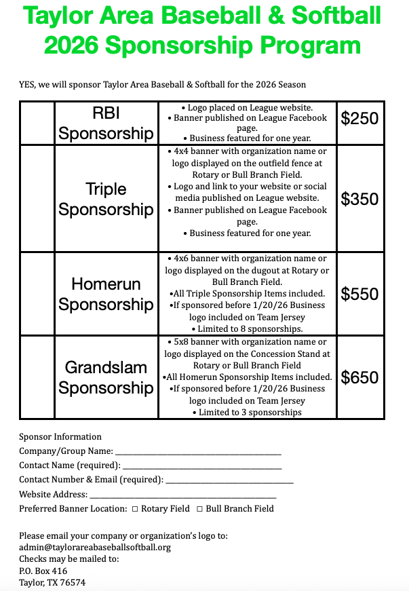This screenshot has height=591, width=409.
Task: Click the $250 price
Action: click(359, 119)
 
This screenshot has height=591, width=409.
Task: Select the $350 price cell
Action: click(359, 199)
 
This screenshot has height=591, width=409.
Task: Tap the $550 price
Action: click(359, 294)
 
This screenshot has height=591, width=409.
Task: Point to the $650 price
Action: click(359, 377)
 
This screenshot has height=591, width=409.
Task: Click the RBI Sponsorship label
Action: click(106, 123)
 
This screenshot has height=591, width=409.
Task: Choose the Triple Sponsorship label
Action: click(106, 199)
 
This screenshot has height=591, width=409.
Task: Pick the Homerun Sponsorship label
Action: click(106, 294)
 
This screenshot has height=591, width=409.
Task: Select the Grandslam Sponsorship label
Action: click(106, 377)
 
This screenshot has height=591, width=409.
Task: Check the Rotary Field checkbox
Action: click(135, 509)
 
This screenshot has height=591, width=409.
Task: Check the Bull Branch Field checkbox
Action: click(199, 509)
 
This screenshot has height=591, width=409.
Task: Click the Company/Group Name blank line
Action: click(197, 453)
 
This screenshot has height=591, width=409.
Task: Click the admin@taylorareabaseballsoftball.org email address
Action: click(95, 547)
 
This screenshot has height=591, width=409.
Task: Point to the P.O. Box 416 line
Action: click(43, 571)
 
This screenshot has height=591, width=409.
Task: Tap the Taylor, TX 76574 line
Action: click(52, 582)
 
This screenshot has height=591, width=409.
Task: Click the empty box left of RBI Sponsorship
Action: click(37, 123)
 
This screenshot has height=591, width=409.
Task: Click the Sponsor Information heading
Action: click(60, 437)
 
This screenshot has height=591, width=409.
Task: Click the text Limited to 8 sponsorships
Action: click(249, 329)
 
